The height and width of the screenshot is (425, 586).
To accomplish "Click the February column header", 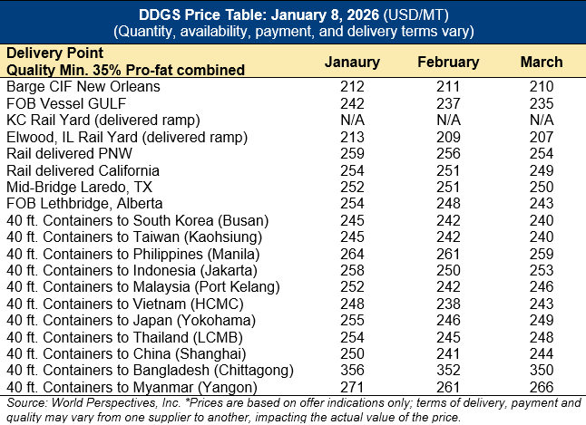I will click(448, 63).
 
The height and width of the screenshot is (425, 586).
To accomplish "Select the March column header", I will click(542, 63).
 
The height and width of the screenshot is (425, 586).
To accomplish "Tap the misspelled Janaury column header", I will click(353, 63).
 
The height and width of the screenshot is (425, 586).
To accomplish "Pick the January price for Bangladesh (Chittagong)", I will click(353, 370).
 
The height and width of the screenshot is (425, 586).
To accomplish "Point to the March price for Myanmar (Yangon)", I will click(542, 386).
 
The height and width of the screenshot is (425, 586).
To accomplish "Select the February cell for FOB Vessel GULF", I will click(448, 103).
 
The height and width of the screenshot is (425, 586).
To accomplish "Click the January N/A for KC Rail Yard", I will click(353, 121).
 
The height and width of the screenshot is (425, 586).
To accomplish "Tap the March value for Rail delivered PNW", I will click(542, 154).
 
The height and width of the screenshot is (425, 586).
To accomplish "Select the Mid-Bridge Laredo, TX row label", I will click(82, 187).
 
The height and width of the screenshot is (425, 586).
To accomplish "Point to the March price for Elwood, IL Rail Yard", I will click(542, 137).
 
